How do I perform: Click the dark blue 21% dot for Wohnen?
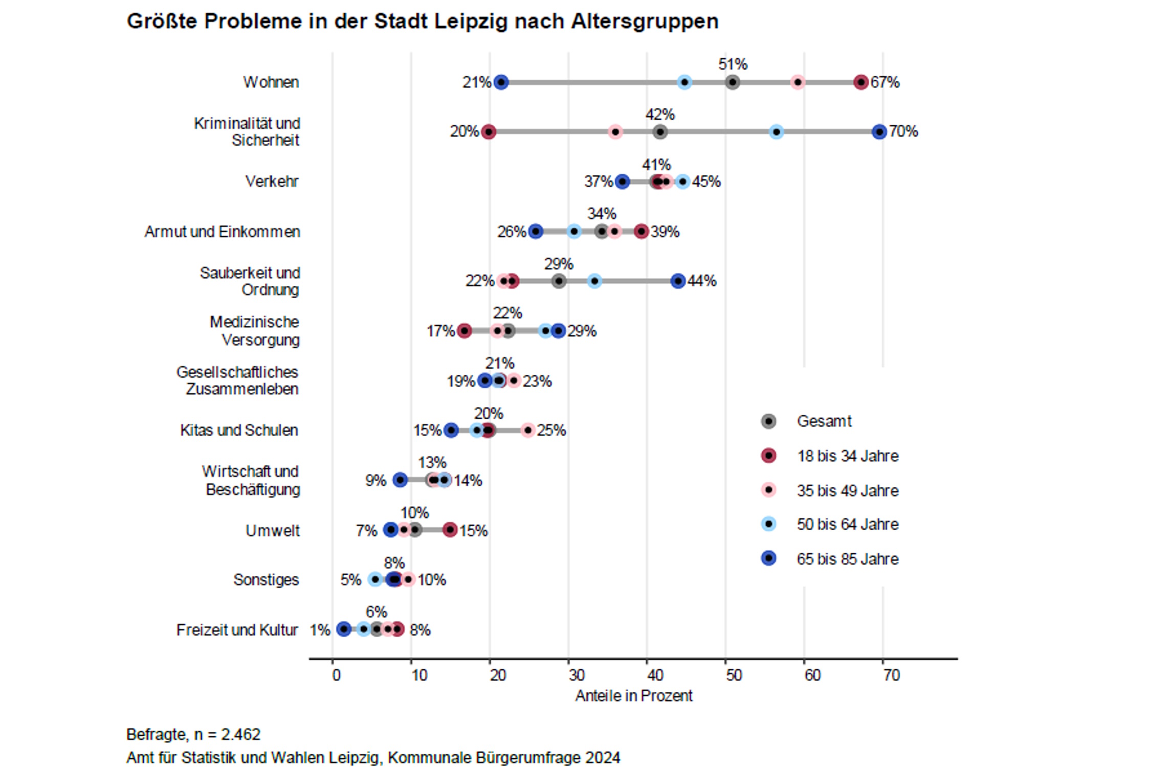click(x=501, y=82)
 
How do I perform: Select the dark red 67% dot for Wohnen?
click(x=861, y=82)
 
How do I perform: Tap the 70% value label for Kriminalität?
click(x=903, y=131)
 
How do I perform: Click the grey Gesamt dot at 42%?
click(x=660, y=132)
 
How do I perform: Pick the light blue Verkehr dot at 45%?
click(x=682, y=182)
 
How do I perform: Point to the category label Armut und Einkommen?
click(x=222, y=232)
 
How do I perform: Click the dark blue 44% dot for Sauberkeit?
click(x=678, y=281)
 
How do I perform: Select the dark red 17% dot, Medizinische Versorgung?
click(x=464, y=331)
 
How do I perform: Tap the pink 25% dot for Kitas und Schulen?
click(x=528, y=430)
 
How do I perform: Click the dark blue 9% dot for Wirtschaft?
click(x=400, y=480)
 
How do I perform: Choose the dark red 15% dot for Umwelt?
click(x=450, y=530)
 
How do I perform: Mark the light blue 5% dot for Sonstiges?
click(x=375, y=579)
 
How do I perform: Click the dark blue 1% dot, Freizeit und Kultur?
click(x=344, y=629)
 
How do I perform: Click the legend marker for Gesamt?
click(x=768, y=421)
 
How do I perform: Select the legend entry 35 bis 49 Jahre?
click(x=847, y=490)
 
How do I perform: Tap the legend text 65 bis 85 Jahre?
click(x=847, y=559)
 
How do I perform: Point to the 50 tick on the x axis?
click(x=733, y=675)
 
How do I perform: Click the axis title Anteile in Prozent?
click(x=633, y=696)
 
